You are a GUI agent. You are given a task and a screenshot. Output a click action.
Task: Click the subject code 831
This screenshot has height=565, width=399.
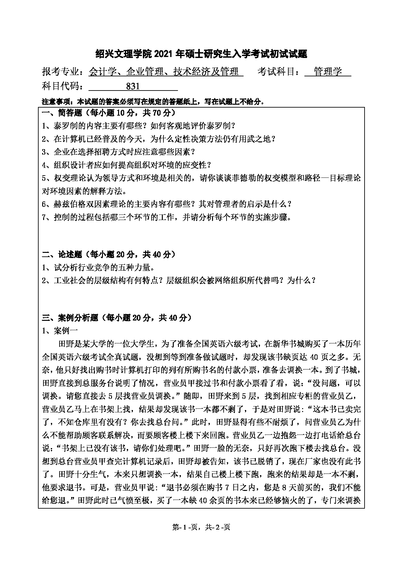(133, 87)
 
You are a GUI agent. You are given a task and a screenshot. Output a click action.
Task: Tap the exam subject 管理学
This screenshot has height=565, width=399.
(328, 72)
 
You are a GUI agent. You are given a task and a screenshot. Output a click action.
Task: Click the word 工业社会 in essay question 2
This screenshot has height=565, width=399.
(67, 281)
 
